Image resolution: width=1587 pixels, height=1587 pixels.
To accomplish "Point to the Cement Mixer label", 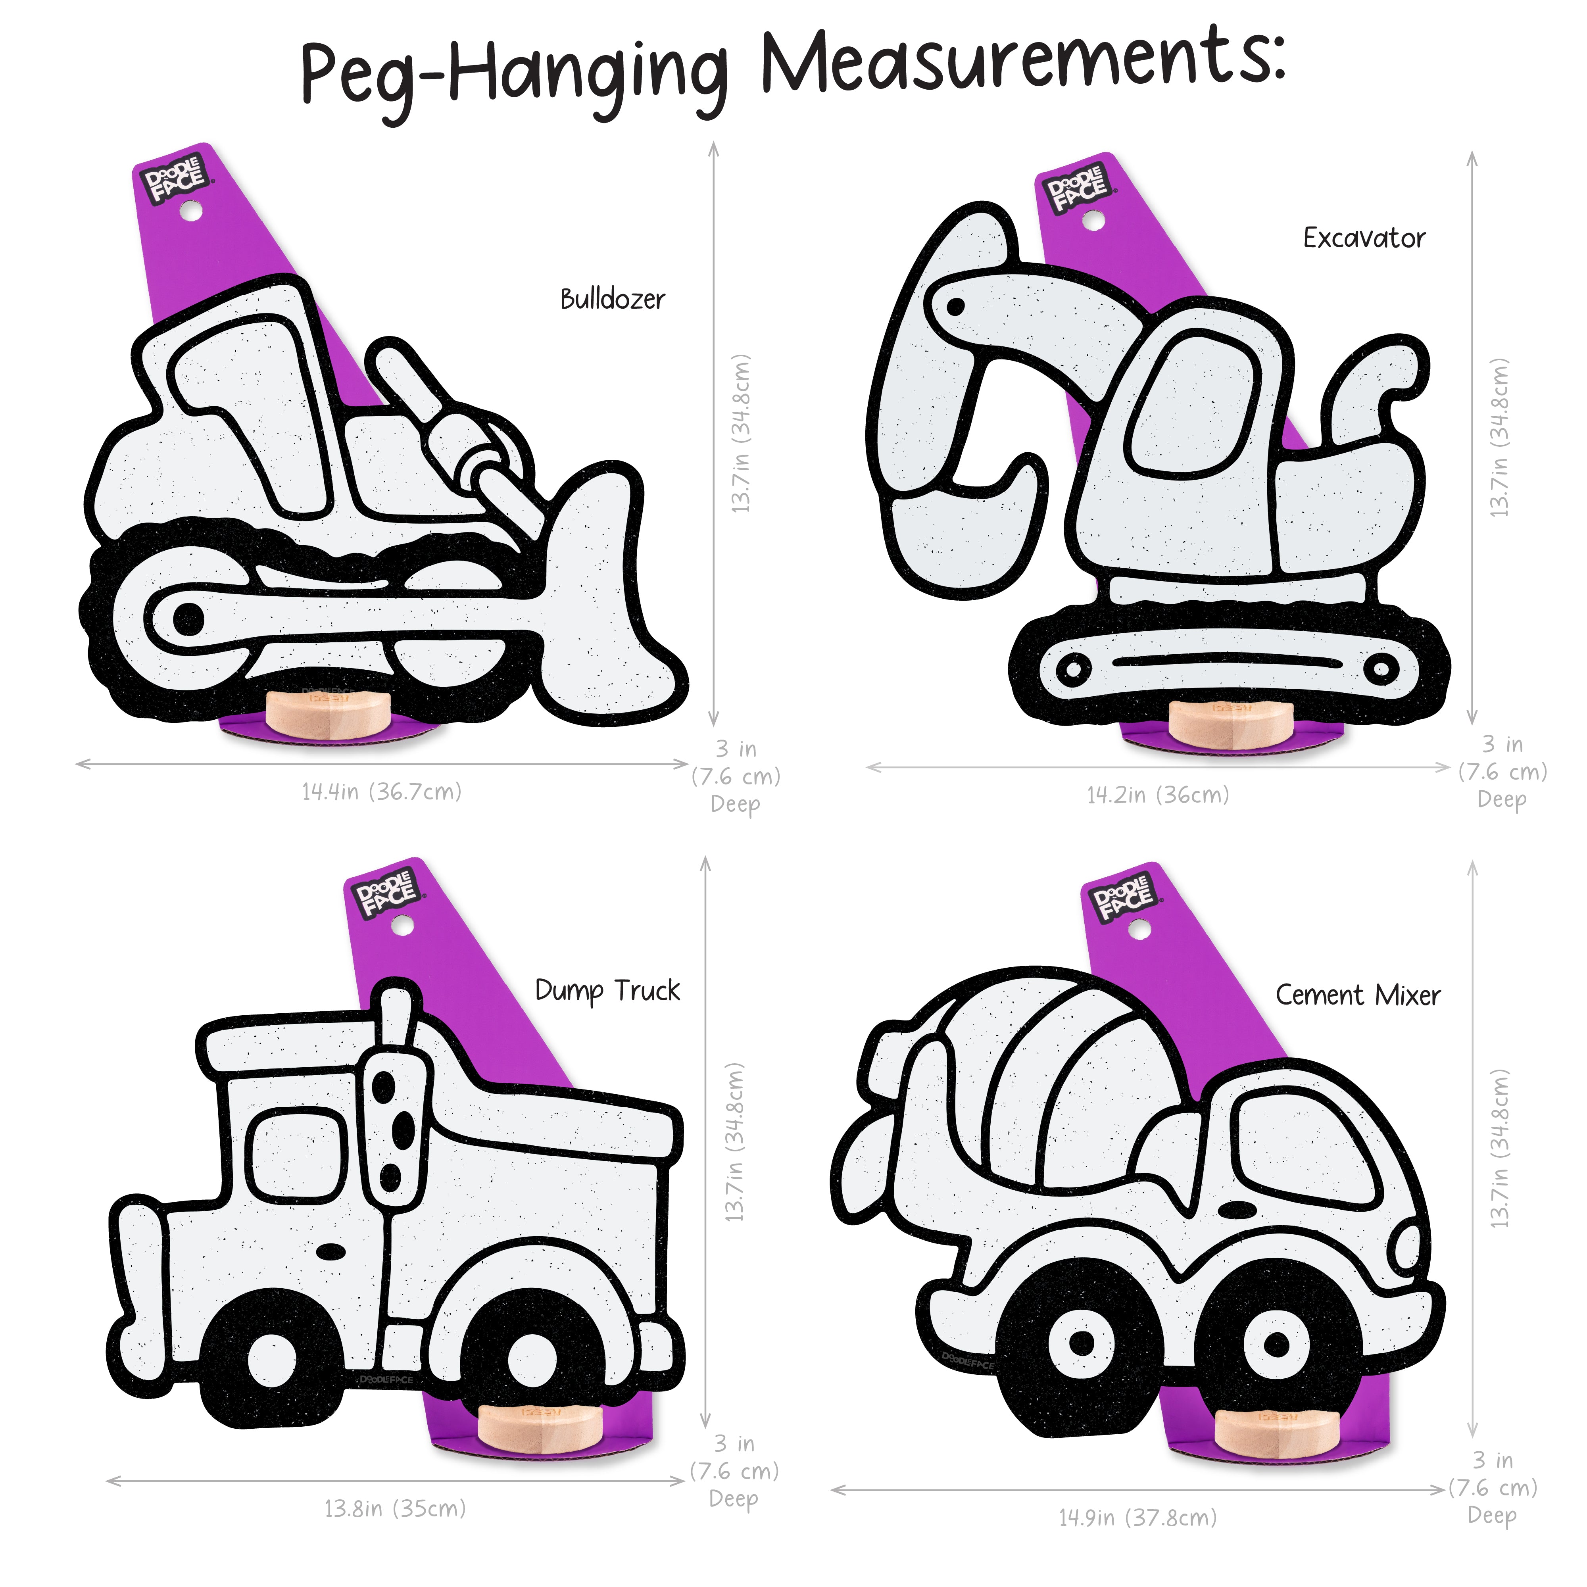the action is pos(1358,995).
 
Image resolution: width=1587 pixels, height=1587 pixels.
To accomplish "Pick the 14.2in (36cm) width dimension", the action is pos(1158,795).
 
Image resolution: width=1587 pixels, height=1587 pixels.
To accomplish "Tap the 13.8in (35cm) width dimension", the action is pos(395,1509).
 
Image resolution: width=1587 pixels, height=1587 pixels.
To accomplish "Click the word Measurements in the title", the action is pos(1023,64).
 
